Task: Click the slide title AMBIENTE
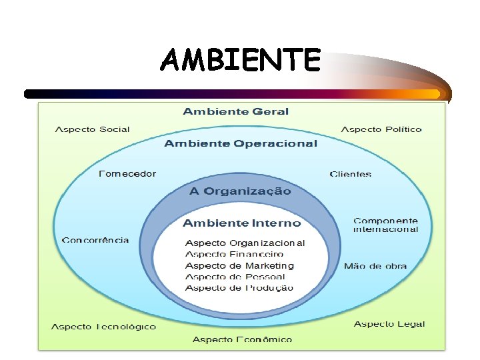(241, 61)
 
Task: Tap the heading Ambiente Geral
(236, 111)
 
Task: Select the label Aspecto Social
(92, 129)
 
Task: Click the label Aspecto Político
(381, 129)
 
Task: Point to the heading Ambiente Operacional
(241, 143)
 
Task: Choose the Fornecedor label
(127, 174)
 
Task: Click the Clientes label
(351, 174)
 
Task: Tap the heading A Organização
(240, 191)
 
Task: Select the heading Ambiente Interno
(242, 223)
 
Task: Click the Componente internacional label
(386, 225)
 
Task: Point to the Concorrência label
(95, 240)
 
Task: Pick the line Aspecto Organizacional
(245, 243)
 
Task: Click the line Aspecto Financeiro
(234, 254)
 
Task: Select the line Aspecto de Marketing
(239, 265)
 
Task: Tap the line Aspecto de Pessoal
(235, 277)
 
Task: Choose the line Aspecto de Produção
(239, 288)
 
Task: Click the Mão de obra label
(375, 266)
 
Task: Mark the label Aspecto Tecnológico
(104, 327)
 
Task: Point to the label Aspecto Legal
(389, 324)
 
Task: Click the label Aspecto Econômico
(242, 339)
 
